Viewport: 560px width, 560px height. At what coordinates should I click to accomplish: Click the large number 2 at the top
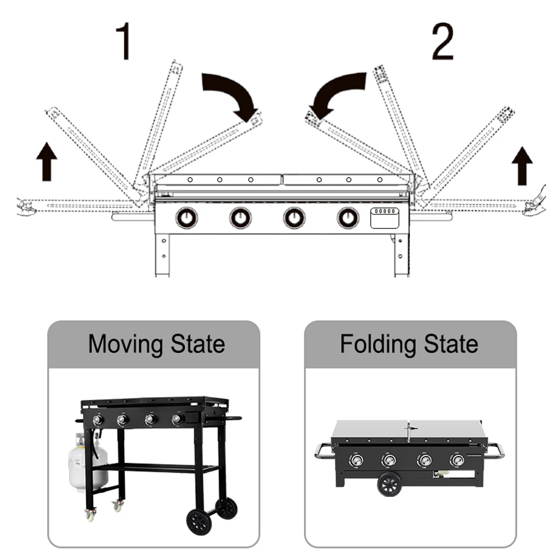click(x=442, y=42)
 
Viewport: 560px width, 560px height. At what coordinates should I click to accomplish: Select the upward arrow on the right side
click(x=522, y=166)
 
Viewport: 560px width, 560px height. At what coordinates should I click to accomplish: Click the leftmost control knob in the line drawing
click(x=186, y=217)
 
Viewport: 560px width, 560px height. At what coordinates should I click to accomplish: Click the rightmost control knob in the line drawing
click(x=348, y=217)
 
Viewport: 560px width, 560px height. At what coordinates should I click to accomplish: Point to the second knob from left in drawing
click(x=240, y=217)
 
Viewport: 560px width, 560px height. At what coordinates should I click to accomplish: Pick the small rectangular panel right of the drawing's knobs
click(x=385, y=217)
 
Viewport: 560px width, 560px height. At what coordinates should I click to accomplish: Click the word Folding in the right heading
click(x=379, y=343)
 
